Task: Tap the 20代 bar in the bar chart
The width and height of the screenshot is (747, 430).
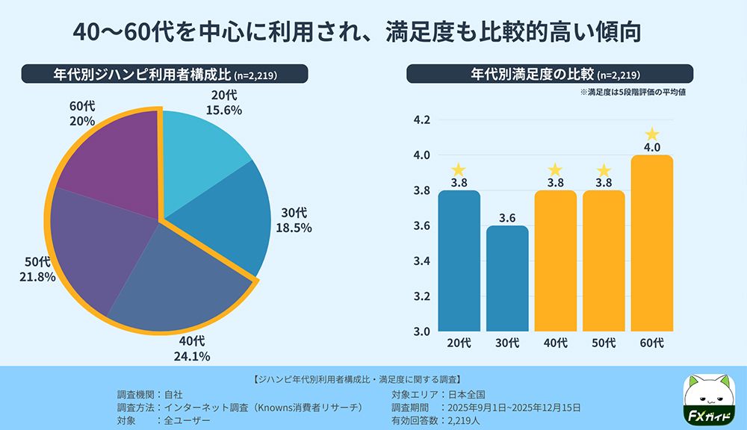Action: point(459,261)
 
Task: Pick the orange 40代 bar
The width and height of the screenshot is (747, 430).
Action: point(555,261)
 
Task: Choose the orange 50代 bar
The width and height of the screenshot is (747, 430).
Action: point(604,261)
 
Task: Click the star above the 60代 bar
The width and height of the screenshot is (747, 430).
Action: point(652,134)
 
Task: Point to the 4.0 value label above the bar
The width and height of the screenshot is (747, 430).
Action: point(652,147)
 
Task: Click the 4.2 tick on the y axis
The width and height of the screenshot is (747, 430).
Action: point(422,120)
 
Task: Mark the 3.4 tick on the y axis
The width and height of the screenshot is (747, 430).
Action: point(422,261)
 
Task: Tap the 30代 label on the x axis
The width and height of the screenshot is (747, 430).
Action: point(507,343)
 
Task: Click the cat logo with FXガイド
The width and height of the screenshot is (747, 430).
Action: point(710,399)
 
